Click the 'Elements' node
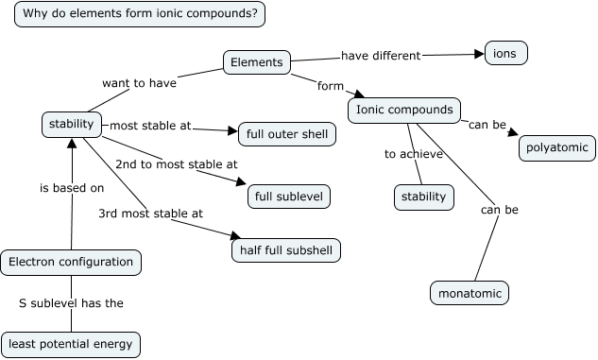(256, 62)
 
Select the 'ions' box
(505, 53)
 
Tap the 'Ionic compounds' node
(404, 111)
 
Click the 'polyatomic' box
(557, 147)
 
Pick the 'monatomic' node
(470, 293)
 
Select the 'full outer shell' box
(286, 134)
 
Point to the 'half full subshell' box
(285, 250)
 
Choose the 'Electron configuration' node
(72, 262)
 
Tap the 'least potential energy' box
(71, 344)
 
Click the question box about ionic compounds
(141, 14)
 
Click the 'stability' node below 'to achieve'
(423, 197)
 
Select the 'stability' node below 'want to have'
(71, 124)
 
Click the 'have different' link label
(381, 55)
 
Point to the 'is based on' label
(72, 187)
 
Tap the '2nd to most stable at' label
(176, 164)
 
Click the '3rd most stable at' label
(150, 214)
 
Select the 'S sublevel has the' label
(72, 303)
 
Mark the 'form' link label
(331, 86)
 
